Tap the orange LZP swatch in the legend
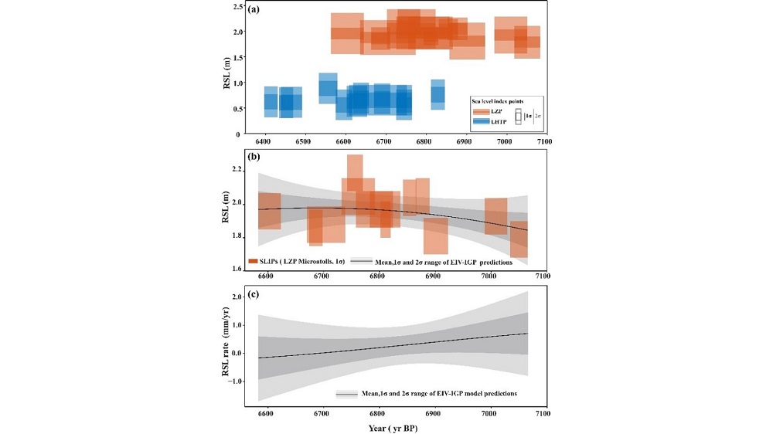click(485, 112)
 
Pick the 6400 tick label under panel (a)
click(265, 141)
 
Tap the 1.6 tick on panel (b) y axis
click(235, 269)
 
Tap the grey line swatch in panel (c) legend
click(346, 394)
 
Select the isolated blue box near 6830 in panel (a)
click(438, 94)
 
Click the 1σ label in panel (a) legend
click(528, 116)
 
